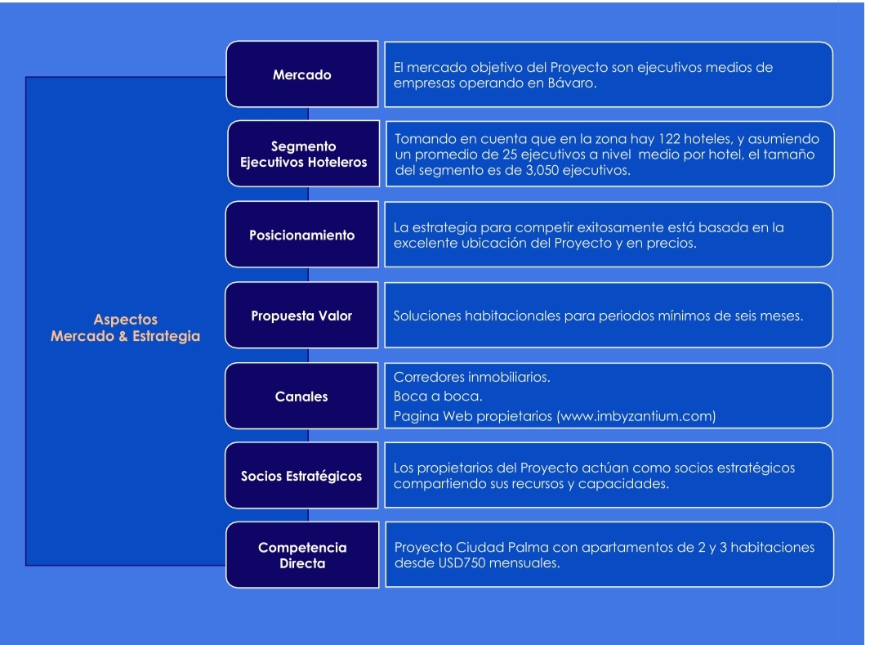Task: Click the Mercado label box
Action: click(x=302, y=74)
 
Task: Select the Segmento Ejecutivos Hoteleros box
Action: click(x=304, y=154)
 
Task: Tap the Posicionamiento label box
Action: click(x=301, y=235)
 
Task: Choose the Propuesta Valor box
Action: click(x=301, y=316)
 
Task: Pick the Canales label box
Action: click(x=301, y=396)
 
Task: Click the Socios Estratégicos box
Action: click(x=301, y=475)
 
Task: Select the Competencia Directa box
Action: click(x=302, y=554)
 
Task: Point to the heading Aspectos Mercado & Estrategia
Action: click(x=126, y=328)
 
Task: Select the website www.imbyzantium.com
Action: click(x=636, y=416)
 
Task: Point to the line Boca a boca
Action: click(x=438, y=396)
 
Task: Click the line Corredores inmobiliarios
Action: click(x=471, y=378)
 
